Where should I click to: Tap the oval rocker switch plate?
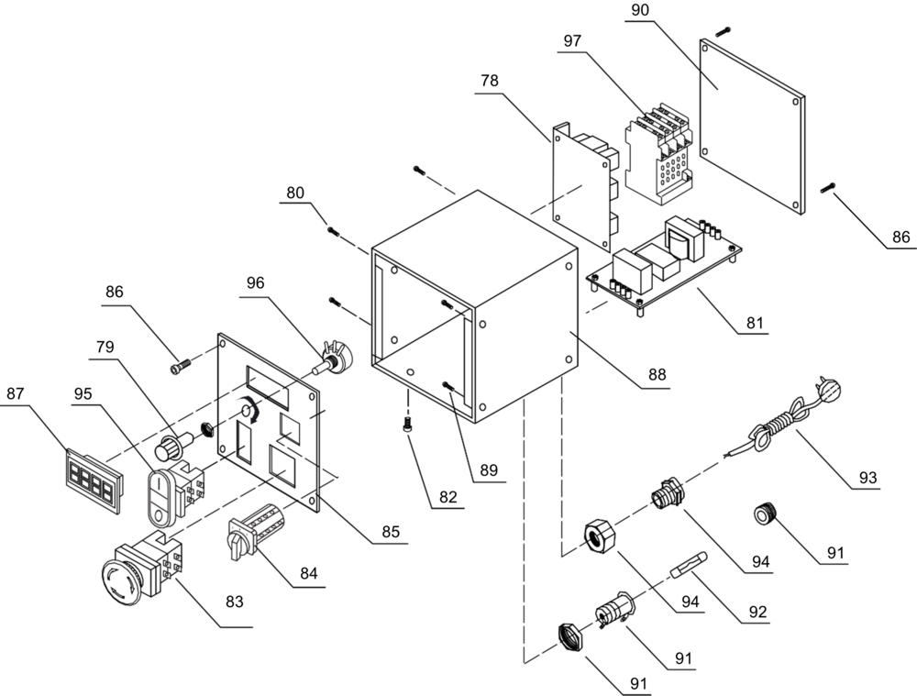pyautogui.click(x=162, y=496)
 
